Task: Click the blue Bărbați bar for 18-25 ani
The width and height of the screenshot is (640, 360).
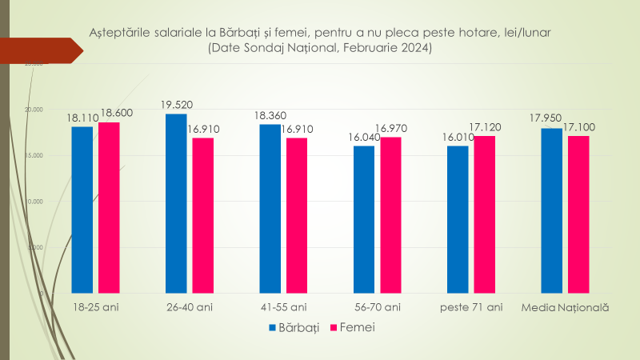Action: (82, 210)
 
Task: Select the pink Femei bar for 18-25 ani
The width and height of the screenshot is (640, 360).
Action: (109, 208)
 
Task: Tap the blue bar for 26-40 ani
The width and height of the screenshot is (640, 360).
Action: (176, 204)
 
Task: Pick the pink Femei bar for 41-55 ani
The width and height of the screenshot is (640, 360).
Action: (297, 214)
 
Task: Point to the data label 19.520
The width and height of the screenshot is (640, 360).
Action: (176, 105)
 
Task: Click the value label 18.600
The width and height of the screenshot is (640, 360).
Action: (117, 114)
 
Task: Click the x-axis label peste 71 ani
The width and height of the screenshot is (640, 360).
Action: (471, 307)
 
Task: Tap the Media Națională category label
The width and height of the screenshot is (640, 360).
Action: (565, 307)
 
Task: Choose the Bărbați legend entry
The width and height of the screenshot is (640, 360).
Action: (294, 327)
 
